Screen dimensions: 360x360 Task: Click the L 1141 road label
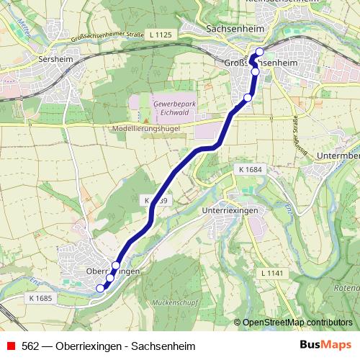point(272,274)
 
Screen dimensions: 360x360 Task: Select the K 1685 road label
point(42,297)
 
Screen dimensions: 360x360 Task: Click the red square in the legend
point(10,345)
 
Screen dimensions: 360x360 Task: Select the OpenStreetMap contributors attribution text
point(297,322)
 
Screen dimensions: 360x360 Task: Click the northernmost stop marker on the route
point(260,51)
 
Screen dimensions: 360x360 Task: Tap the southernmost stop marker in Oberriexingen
point(100,288)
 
